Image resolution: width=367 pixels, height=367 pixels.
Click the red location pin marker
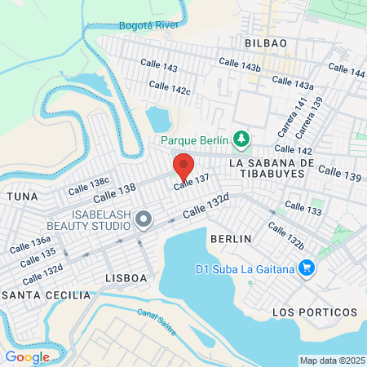click(183, 166)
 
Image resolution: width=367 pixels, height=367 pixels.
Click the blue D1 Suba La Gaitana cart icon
click(307, 268)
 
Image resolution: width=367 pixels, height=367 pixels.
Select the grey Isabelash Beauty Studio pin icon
click(144, 219)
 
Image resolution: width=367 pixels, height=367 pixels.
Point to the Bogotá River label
click(148, 25)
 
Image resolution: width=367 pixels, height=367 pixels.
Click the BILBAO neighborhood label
click(265, 42)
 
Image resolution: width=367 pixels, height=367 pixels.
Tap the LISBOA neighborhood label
click(126, 278)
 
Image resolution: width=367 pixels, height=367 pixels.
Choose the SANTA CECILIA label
click(33, 294)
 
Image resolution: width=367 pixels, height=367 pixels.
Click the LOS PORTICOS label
click(314, 312)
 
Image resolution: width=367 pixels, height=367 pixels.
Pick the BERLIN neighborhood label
click(230, 238)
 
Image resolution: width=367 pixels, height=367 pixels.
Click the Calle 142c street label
click(170, 88)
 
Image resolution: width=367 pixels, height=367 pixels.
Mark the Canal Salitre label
click(156, 316)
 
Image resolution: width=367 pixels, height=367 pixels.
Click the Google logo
click(27, 356)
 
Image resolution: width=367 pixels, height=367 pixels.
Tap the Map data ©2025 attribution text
click(330, 360)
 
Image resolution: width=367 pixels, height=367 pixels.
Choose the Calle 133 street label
click(302, 209)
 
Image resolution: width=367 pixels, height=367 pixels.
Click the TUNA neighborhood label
click(21, 197)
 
